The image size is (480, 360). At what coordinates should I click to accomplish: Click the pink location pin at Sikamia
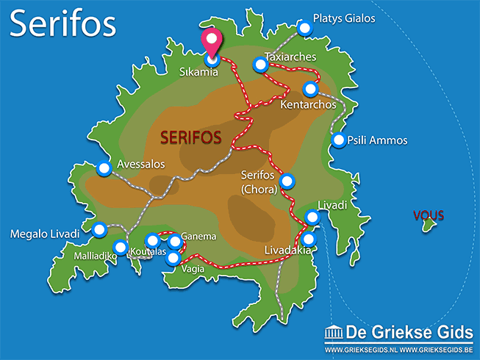coord(212,42)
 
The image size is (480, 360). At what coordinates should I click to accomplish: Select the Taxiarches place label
coord(290,56)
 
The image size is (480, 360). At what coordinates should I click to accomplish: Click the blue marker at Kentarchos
coord(310,89)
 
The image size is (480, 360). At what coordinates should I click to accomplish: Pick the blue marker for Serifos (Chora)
coord(287,181)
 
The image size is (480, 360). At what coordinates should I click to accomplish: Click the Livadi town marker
coord(312,217)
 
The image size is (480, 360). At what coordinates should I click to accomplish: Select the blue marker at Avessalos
coord(104,168)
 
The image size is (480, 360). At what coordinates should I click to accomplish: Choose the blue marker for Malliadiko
coord(121,247)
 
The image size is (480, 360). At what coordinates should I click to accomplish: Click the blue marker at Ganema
coord(174,242)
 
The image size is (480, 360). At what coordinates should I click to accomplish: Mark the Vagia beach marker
coord(173,258)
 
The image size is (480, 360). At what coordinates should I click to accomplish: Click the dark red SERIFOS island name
coord(191,137)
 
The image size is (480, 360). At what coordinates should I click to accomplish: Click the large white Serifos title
coord(63,24)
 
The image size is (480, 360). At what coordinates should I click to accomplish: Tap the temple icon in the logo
coord(333,331)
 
